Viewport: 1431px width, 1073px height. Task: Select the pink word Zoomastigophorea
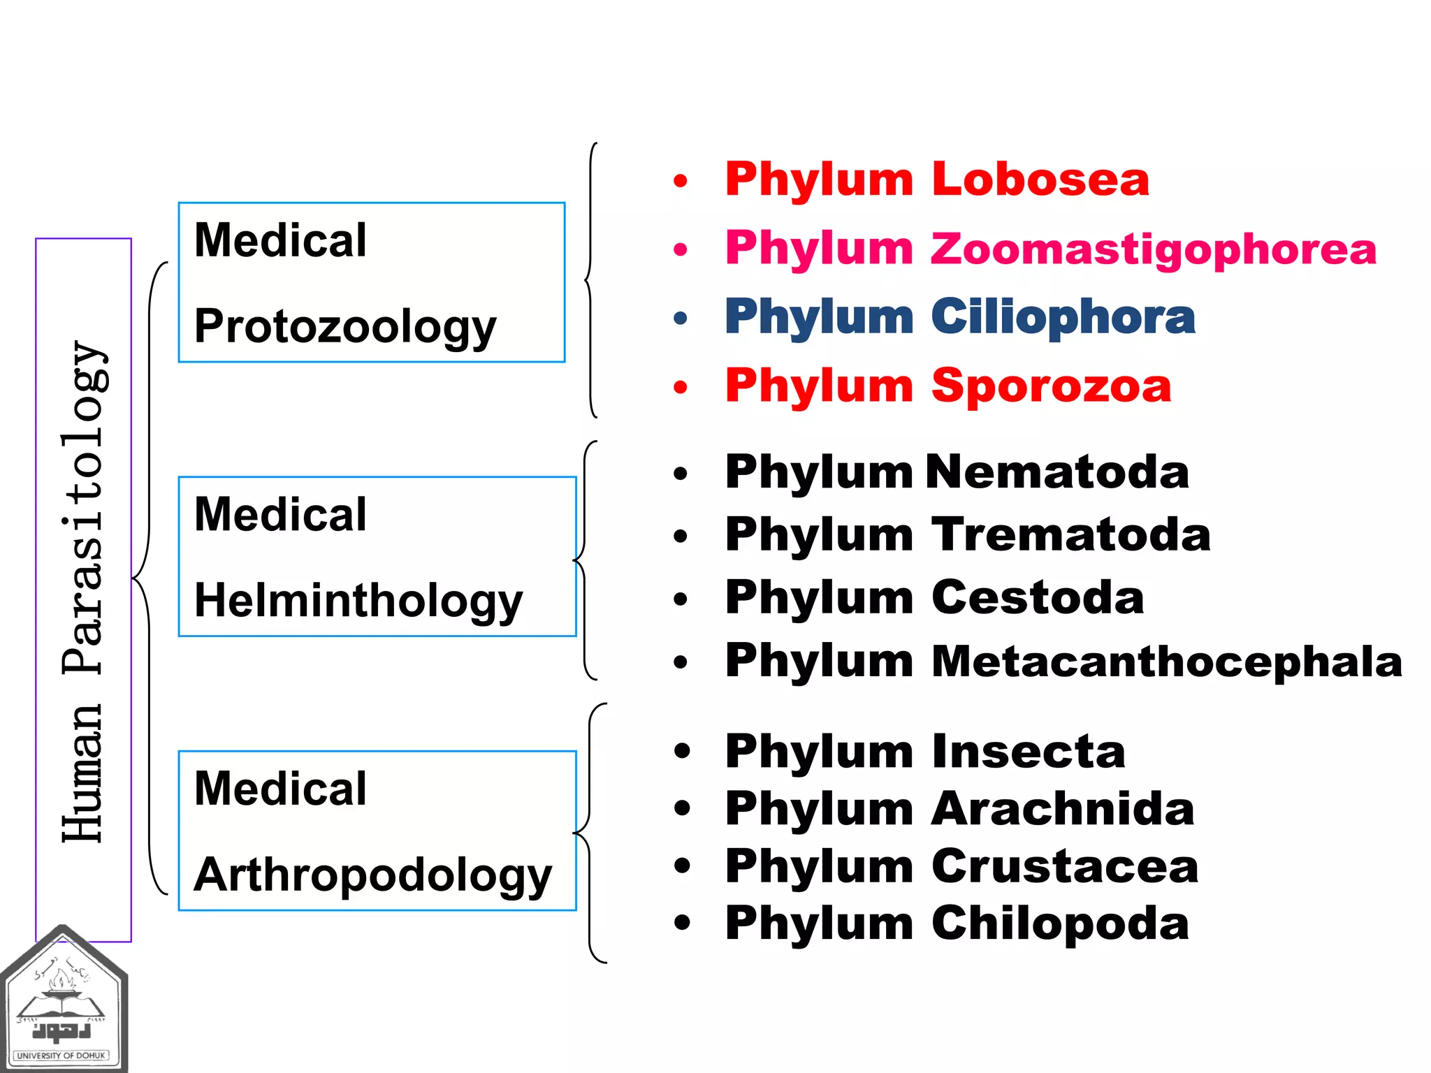click(x=1153, y=249)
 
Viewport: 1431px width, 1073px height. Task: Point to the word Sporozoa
click(x=1051, y=386)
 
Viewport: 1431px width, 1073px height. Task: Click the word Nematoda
click(x=1057, y=472)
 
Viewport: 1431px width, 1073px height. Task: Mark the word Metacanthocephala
click(x=1167, y=661)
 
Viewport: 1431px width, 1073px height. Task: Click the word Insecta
click(x=1028, y=752)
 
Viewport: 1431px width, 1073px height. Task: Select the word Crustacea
click(x=1065, y=866)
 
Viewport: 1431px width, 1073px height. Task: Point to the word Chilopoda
click(x=1060, y=924)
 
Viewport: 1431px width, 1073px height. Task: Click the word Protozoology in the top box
click(x=345, y=327)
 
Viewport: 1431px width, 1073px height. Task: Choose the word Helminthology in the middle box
click(x=358, y=601)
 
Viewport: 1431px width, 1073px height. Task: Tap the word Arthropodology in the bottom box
click(x=373, y=875)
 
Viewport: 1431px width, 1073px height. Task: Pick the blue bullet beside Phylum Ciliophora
click(x=681, y=319)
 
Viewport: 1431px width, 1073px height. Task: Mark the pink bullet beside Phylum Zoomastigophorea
click(x=681, y=249)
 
